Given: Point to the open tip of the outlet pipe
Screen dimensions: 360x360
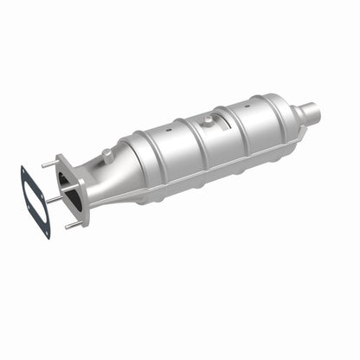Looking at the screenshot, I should pos(324,112).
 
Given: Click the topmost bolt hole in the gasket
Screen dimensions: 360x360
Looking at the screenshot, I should pos(23,170).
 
